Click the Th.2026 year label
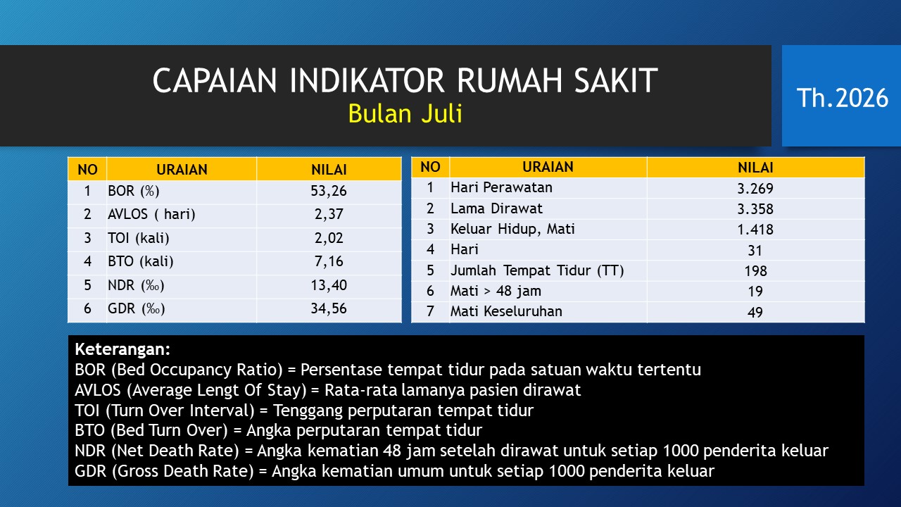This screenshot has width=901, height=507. (843, 98)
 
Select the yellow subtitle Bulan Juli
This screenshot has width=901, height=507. (405, 113)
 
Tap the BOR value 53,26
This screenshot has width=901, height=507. (329, 191)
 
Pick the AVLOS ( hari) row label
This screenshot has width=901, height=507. (151, 214)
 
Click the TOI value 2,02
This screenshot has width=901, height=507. (329, 238)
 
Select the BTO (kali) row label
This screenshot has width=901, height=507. (140, 261)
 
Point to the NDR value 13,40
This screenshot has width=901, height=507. (329, 285)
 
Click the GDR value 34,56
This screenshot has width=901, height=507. (329, 308)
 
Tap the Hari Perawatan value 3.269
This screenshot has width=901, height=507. (755, 189)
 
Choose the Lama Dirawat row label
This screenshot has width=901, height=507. (496, 208)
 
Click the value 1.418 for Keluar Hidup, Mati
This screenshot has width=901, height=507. (755, 230)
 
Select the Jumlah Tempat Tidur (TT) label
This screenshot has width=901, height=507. (537, 270)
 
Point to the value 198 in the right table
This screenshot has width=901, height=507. (755, 271)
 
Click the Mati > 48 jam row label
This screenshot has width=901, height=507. (496, 291)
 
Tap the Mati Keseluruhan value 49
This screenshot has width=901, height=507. (755, 312)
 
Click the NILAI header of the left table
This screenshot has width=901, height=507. (329, 170)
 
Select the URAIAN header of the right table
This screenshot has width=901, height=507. (548, 167)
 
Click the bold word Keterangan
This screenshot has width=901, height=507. (122, 349)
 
